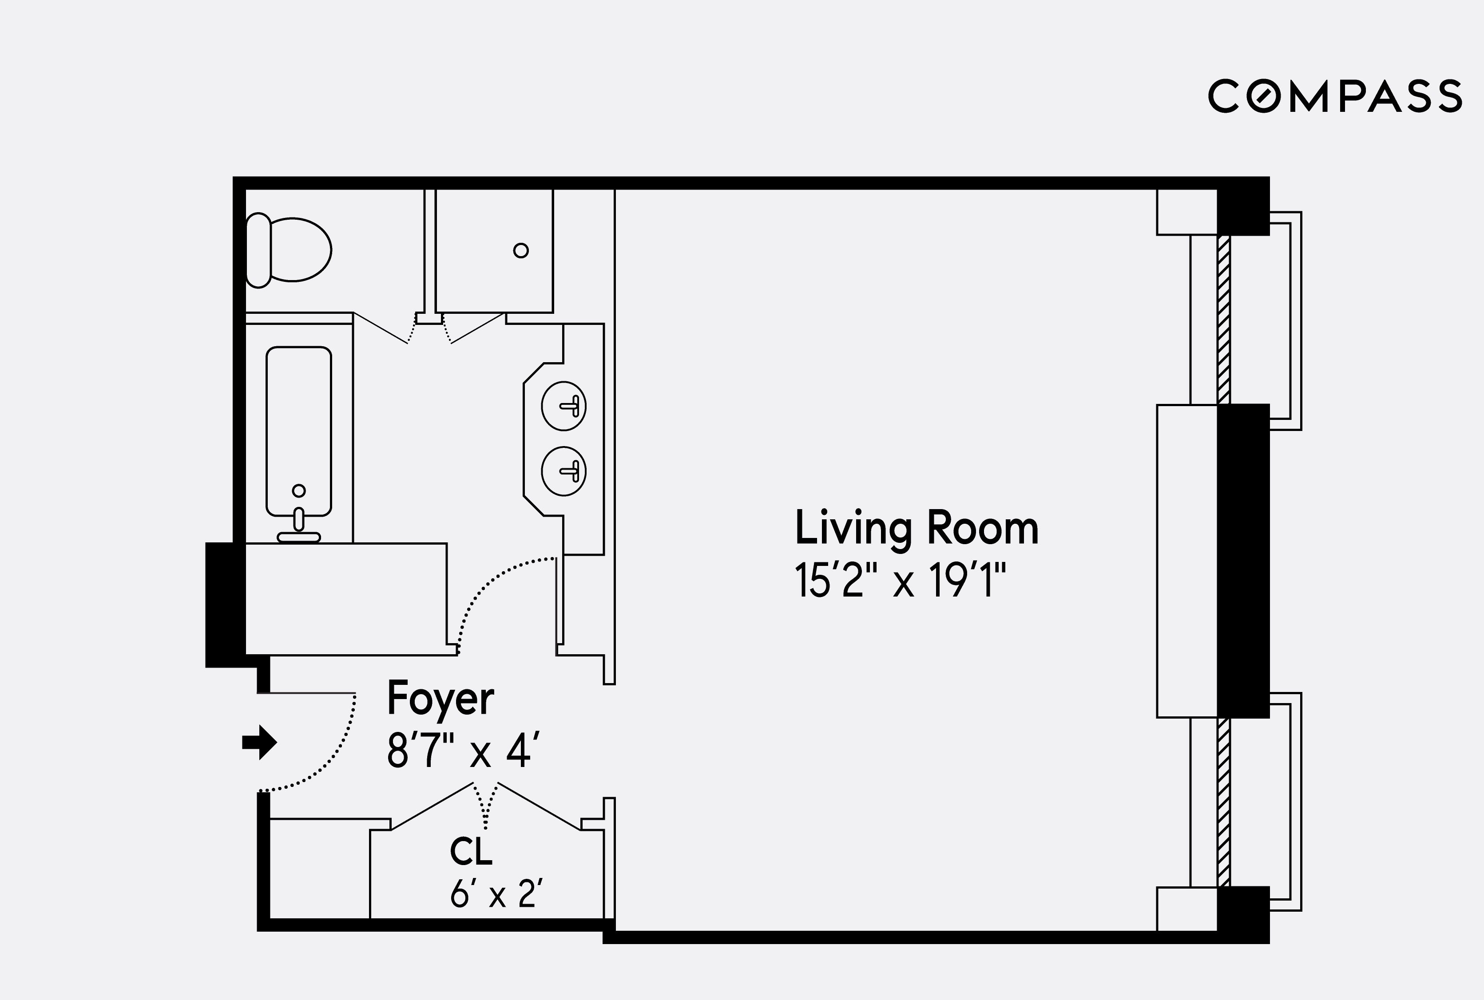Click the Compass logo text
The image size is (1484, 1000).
[1335, 97]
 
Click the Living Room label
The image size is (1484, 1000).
[916, 528]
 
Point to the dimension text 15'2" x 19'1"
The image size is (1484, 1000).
[900, 581]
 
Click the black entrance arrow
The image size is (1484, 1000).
[259, 742]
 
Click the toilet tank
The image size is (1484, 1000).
[258, 250]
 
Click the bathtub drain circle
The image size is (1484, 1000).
[298, 490]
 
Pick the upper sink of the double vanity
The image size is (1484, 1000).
[563, 406]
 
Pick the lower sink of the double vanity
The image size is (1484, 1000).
[563, 470]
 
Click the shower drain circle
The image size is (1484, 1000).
[520, 251]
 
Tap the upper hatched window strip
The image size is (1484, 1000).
[1223, 319]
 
